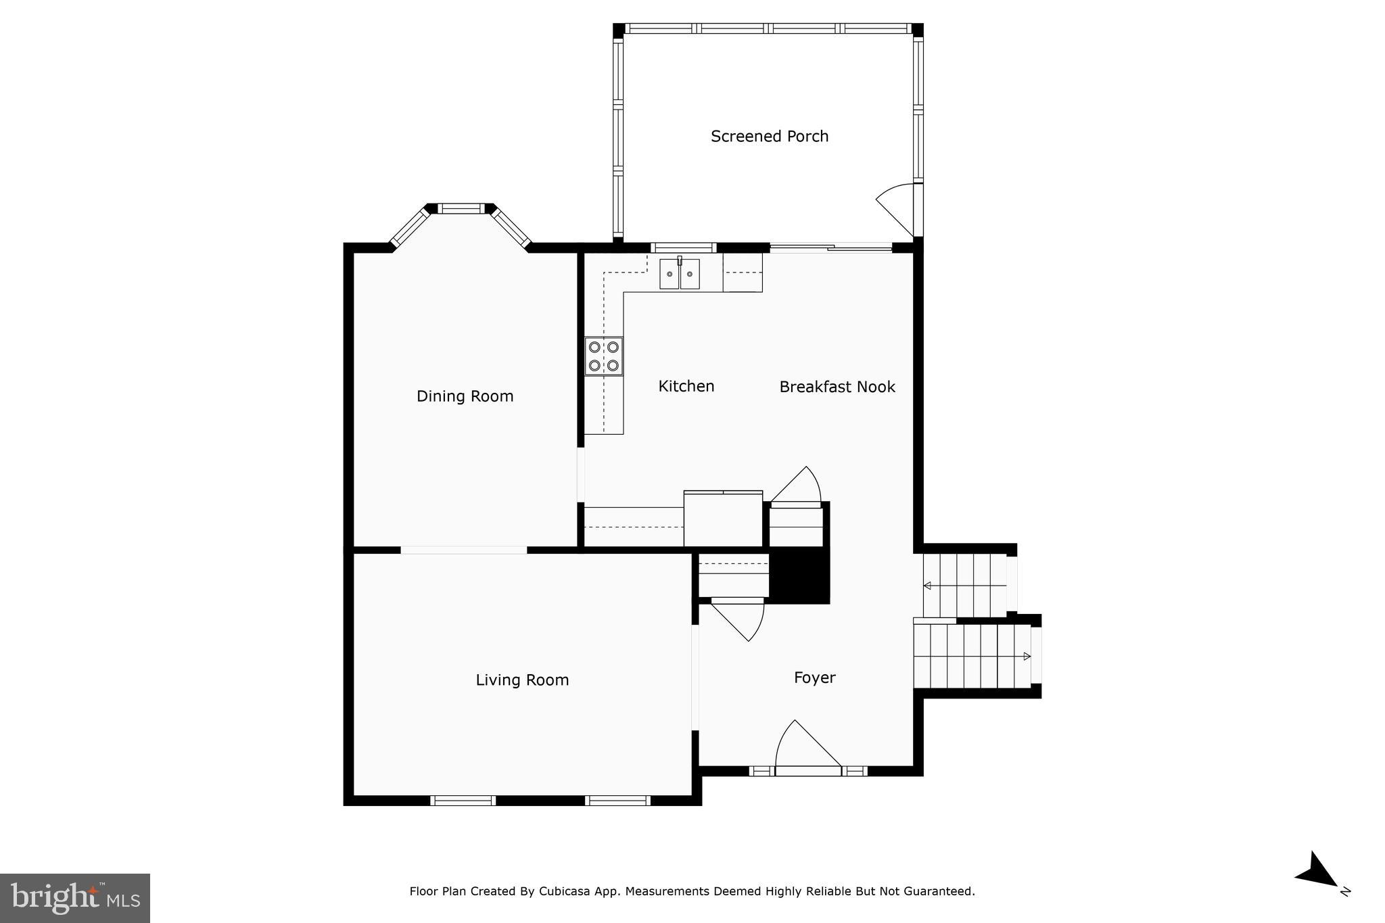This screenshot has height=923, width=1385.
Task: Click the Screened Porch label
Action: coord(769,137)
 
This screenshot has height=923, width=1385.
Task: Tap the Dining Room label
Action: coord(465,396)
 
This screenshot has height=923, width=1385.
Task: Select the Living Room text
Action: coord(521,680)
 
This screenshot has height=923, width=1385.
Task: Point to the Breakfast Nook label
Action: coord(837,387)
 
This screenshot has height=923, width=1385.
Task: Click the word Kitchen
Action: coord(686,386)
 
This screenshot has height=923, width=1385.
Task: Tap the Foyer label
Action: coord(814,678)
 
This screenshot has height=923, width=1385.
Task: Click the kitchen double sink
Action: coord(680,274)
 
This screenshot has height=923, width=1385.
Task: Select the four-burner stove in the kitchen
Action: coord(604,356)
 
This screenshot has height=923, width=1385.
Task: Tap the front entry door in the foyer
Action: coord(808,751)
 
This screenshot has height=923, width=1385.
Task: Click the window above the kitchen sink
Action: coord(683,247)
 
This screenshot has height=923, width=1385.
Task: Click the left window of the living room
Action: coord(463,801)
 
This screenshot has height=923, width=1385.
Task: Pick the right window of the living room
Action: coord(617,801)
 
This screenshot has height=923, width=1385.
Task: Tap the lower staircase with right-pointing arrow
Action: coord(974,656)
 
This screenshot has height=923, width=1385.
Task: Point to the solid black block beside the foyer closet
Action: coord(800,576)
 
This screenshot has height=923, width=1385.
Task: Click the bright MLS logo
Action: coord(75,898)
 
